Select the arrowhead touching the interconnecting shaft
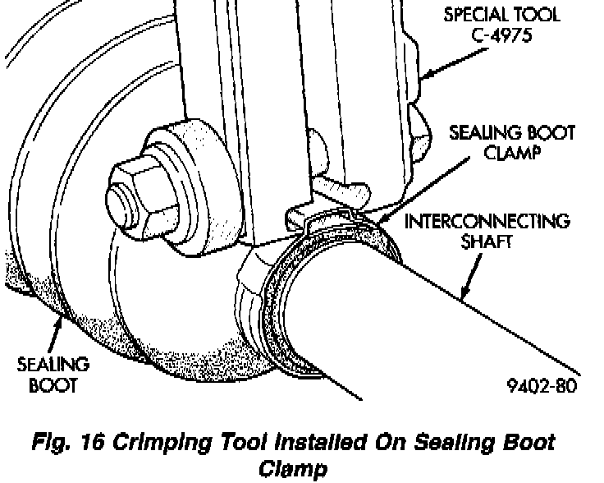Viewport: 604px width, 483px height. (465, 295)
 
